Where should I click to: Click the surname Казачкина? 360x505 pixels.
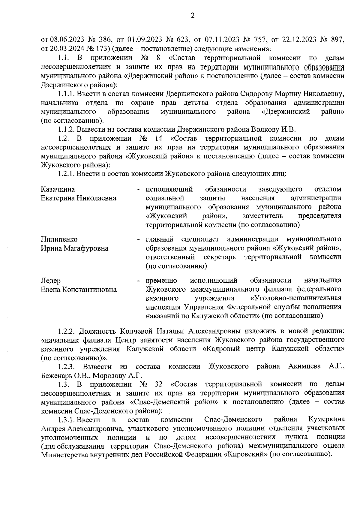coord(58,189)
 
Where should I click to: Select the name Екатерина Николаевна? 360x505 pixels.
coord(79,198)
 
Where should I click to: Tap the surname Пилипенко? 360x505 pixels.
coord(59,239)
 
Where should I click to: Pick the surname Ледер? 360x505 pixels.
coord(50,281)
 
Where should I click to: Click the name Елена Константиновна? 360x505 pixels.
coord(79,290)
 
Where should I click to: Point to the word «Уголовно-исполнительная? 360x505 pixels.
coord(295,298)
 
